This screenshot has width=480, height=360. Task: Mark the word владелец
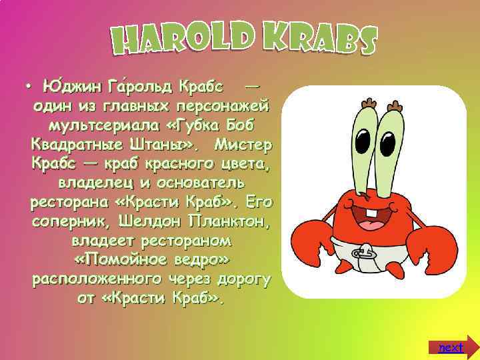click(x=93, y=182)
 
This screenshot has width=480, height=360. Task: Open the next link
click(x=451, y=347)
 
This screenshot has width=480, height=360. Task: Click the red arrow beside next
click(x=471, y=347)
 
